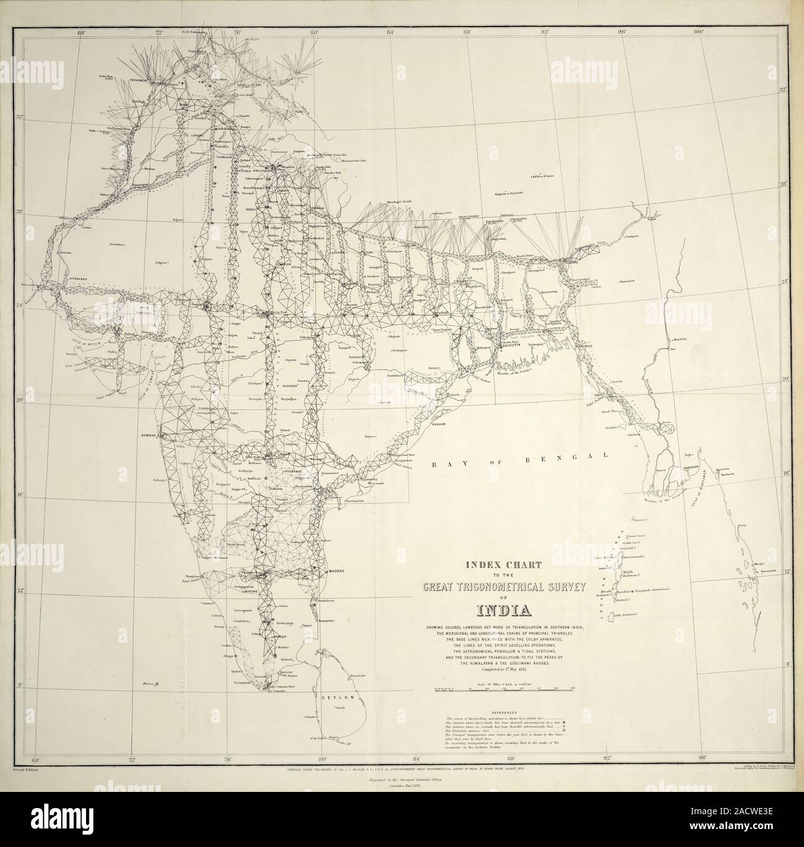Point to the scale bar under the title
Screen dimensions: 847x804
504,689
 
